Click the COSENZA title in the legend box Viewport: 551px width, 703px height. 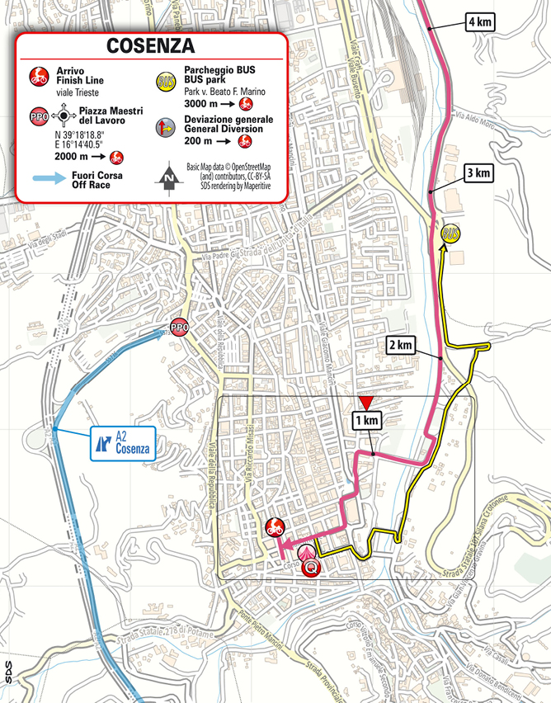tap(150, 45)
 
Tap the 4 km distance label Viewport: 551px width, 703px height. tap(479, 22)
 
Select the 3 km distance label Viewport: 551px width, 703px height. tap(478, 173)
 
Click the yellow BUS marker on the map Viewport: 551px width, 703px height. tap(451, 234)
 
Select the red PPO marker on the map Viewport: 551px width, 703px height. tap(179, 328)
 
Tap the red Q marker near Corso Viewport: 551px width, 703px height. tap(310, 568)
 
